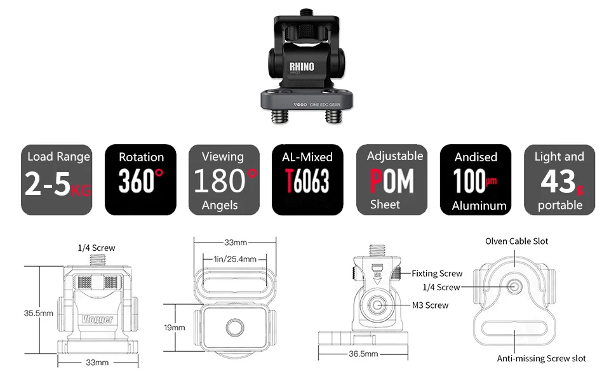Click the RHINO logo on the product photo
(x=302, y=67)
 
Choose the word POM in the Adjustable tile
(x=392, y=181)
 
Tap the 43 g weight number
(x=558, y=182)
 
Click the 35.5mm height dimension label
(x=38, y=312)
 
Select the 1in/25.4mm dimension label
(x=235, y=258)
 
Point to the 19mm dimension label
(x=175, y=328)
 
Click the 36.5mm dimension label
(x=363, y=354)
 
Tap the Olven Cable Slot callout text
(x=516, y=241)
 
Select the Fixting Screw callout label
(x=437, y=274)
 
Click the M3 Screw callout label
(x=430, y=305)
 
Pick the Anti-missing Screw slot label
(x=541, y=359)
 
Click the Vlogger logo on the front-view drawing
(x=97, y=319)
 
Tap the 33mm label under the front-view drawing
(x=97, y=362)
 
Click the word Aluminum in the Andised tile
(x=479, y=205)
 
